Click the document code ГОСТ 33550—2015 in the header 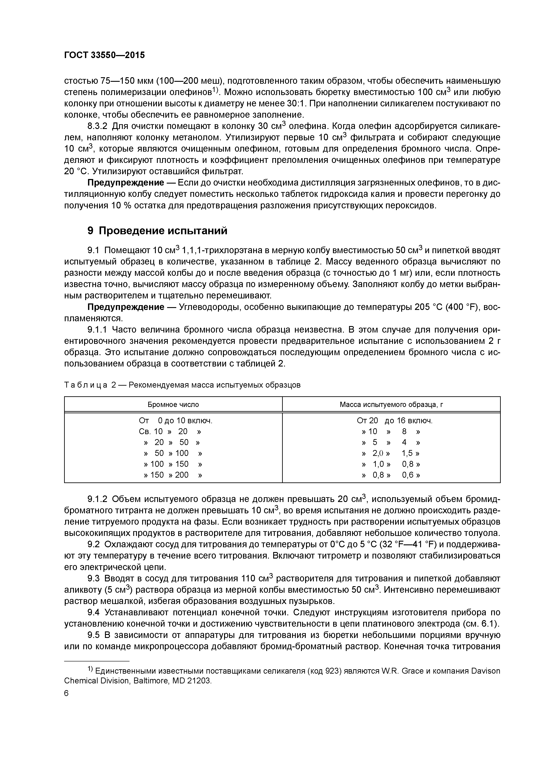(104, 55)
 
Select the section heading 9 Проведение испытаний (157, 231)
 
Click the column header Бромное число (173, 404)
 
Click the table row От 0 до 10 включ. (175, 421)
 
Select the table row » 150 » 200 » (173, 475)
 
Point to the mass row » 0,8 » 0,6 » (391, 475)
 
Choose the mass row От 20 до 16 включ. (394, 421)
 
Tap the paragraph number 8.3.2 (98, 126)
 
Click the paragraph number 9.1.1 (98, 330)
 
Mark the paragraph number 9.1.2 (98, 499)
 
